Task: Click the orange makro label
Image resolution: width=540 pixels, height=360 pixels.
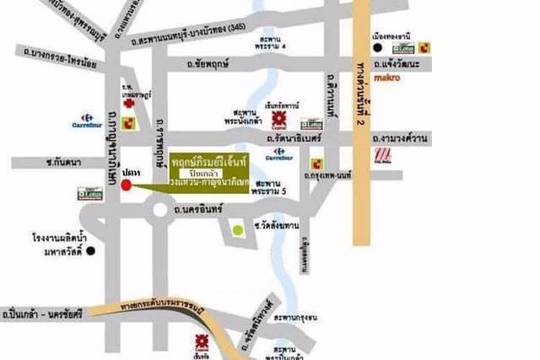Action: tap(386, 79)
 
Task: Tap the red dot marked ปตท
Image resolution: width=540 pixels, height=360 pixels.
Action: tap(127, 185)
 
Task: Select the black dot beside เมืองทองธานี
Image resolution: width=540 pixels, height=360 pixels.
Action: tap(378, 48)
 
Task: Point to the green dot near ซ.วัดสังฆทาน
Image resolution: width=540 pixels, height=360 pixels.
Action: tap(238, 229)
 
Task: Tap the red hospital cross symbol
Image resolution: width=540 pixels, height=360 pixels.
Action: tap(128, 103)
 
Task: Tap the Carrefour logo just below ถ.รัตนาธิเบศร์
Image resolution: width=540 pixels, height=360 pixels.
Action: tap(277, 154)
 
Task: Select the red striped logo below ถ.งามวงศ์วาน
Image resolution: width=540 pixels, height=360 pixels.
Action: tap(384, 156)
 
